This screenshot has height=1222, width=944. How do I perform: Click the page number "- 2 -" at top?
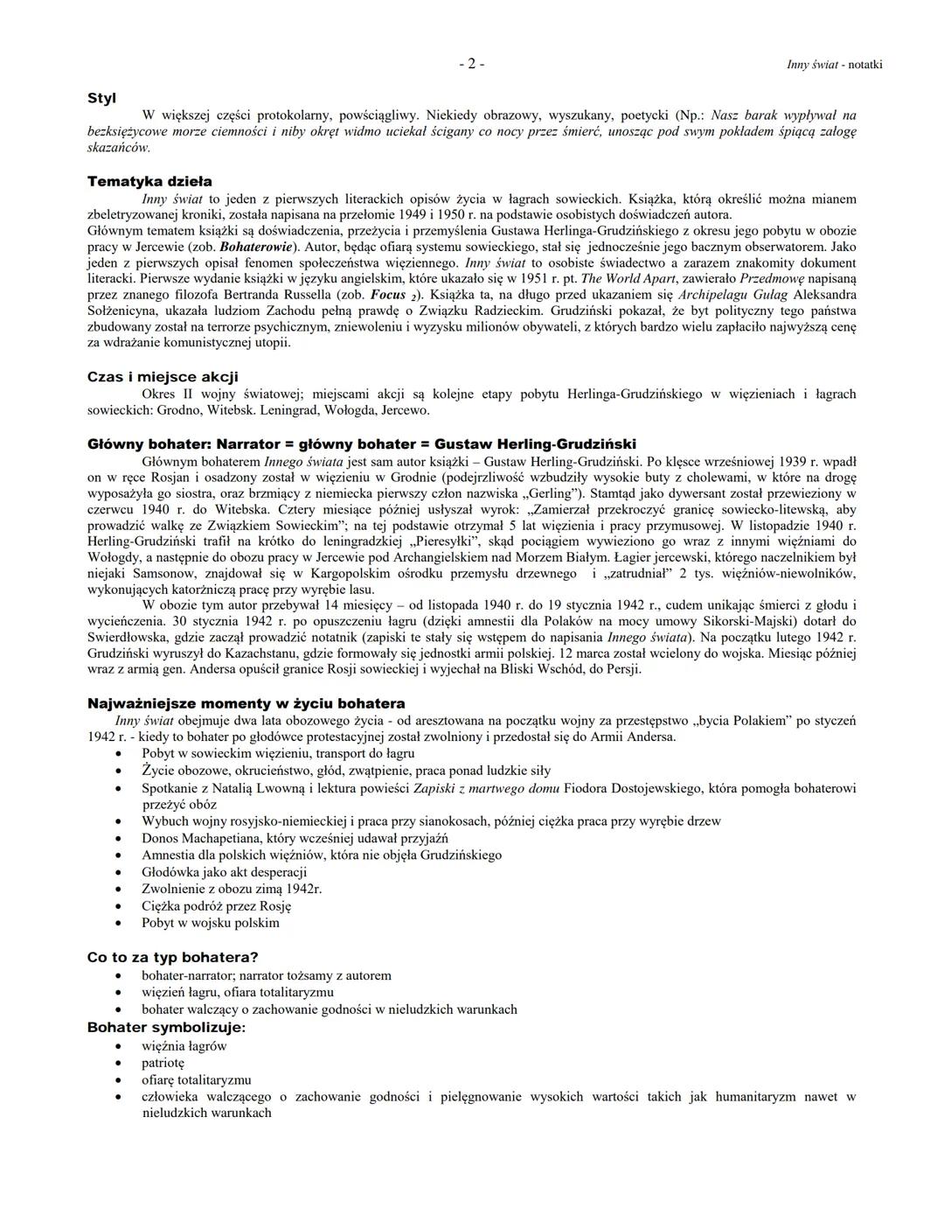coord(470,64)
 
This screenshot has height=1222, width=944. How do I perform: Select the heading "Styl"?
coord(102,98)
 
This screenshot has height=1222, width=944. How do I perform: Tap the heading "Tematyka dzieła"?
coord(149,182)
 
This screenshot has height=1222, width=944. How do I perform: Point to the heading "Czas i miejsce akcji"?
coord(163,377)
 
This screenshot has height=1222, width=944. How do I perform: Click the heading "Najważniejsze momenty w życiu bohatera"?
coord(246,703)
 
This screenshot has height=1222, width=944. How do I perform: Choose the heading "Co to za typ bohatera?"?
coord(172,957)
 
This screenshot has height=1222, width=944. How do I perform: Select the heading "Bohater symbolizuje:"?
coord(166,1027)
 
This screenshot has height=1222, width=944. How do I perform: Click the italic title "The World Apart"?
coord(628,278)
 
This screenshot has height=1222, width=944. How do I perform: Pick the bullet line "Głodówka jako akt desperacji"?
coord(224,872)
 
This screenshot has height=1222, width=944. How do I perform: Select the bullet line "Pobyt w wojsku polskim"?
coord(210,923)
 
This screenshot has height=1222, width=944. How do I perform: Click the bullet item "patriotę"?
coord(163,1063)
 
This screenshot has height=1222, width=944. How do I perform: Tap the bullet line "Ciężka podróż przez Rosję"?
coord(216,906)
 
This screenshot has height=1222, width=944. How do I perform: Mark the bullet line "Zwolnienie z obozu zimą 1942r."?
coord(232,889)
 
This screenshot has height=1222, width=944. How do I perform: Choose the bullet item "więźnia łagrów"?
coord(184,1046)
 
